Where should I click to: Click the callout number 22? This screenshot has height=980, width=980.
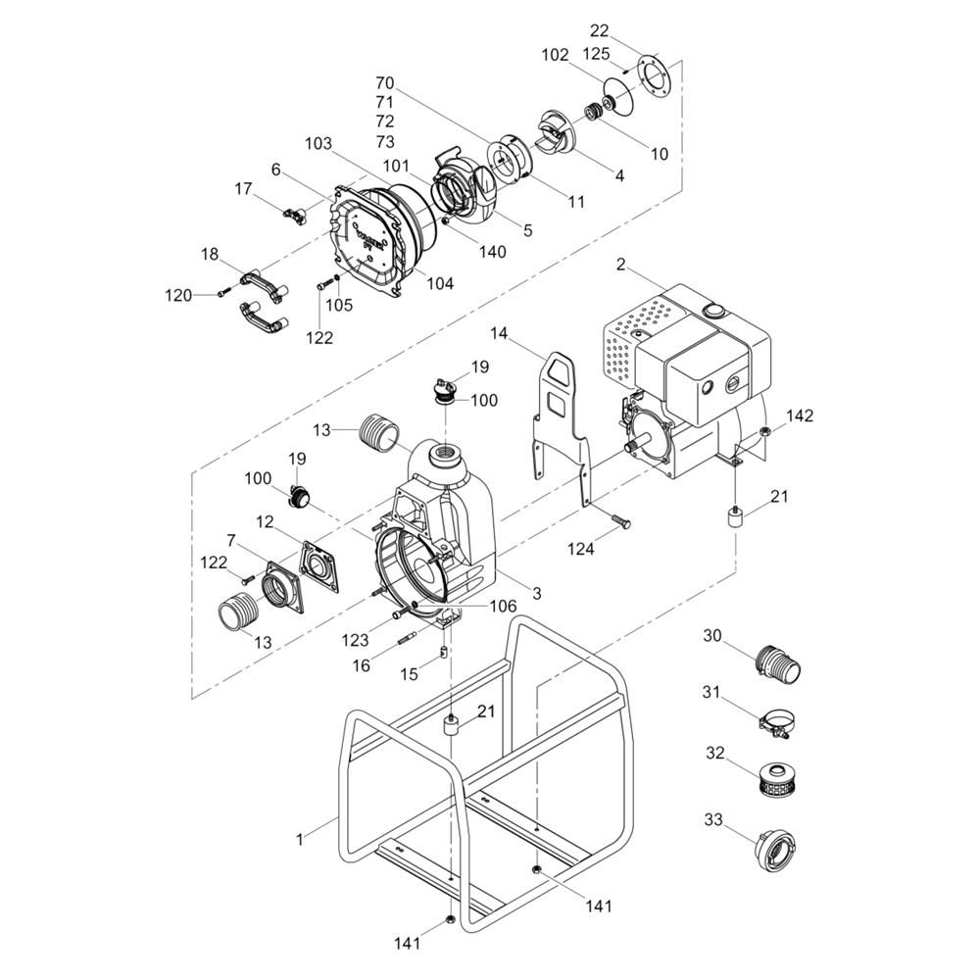(599, 30)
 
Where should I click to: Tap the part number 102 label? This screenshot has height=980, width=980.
(555, 55)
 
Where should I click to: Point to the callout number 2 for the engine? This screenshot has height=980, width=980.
(620, 265)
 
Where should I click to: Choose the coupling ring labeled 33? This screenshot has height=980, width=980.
(775, 849)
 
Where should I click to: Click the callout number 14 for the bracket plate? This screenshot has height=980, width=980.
(498, 333)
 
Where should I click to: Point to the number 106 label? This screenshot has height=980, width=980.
(503, 606)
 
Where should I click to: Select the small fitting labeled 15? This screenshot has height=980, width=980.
(443, 653)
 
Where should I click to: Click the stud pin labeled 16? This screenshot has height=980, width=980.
(407, 639)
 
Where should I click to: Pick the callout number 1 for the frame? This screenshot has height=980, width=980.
(300, 839)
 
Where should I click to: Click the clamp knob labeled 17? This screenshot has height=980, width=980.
(294, 215)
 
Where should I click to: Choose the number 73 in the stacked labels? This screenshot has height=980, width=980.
(385, 141)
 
